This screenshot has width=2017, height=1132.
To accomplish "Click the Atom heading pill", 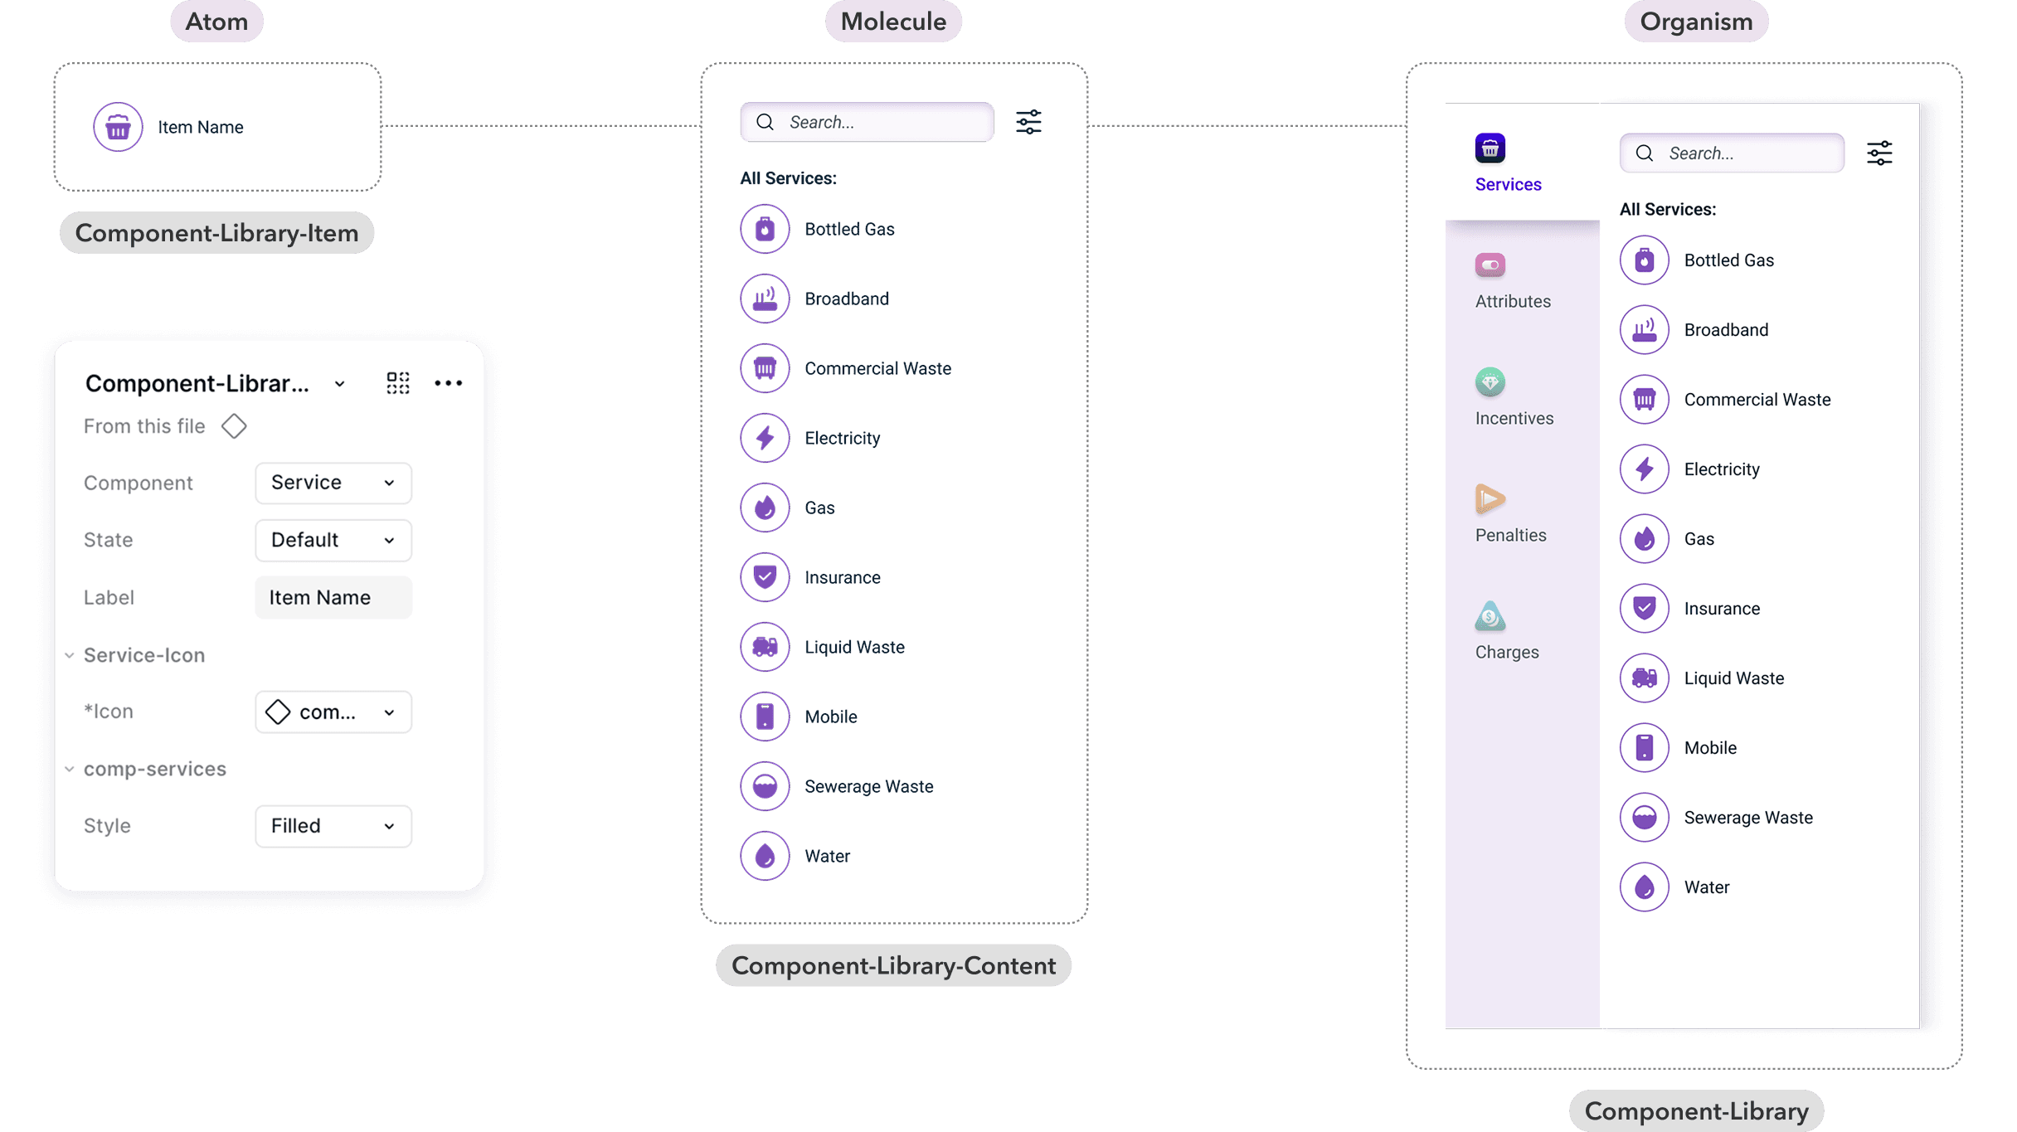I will (x=216, y=22).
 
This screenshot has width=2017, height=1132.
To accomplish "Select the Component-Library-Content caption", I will (x=893, y=965).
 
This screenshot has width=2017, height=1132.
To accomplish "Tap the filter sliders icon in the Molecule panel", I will (x=1028, y=122).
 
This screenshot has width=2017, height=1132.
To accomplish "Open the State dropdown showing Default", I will (x=333, y=540).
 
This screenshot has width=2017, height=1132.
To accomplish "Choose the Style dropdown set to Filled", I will (x=333, y=826).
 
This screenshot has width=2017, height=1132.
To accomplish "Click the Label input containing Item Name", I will (x=333, y=597).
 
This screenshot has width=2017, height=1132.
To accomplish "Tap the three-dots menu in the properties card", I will (x=448, y=383).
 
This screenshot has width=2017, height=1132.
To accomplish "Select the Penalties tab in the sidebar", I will (x=1510, y=514).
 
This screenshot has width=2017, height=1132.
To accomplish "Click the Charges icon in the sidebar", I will (x=1490, y=616).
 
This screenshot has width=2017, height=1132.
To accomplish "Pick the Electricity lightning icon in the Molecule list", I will (x=765, y=438).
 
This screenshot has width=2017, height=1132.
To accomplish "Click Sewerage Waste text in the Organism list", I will (x=1748, y=818).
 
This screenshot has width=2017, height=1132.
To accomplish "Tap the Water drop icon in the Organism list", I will (x=1644, y=887).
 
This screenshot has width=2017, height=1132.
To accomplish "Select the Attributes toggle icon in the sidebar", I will (x=1490, y=265).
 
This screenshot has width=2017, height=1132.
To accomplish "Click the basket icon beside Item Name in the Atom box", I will (x=118, y=127).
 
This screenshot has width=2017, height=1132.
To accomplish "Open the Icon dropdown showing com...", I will (x=333, y=712).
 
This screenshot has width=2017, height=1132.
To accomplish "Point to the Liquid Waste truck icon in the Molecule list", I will (x=765, y=647).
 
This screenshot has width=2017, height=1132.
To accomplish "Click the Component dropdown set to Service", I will (x=333, y=483).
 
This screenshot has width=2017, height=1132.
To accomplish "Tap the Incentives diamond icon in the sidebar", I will (x=1490, y=382).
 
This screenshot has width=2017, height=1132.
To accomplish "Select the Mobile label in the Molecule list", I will (x=830, y=717).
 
